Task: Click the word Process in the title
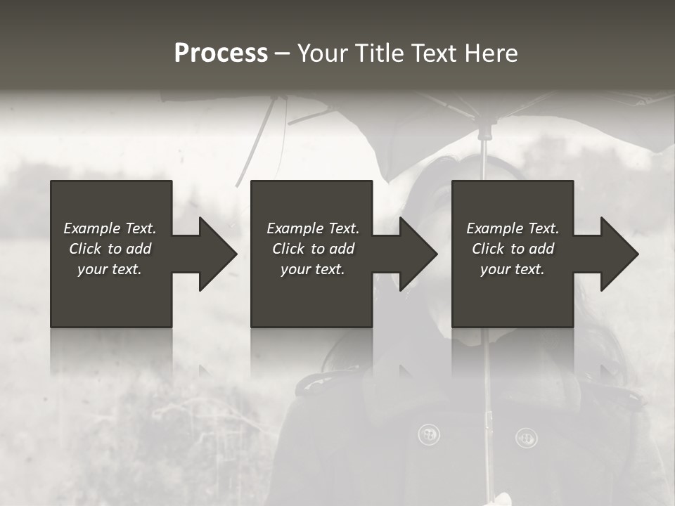coord(221,53)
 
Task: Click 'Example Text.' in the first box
coord(110,228)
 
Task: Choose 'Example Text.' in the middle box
coord(313,228)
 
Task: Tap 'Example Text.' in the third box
coord(513,228)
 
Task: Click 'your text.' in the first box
coord(110,269)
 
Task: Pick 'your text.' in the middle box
coord(313,269)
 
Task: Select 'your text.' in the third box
coord(513,269)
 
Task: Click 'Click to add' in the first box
coord(110,249)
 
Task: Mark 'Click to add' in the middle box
coord(313,249)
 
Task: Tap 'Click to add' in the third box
coord(513,249)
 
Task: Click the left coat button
coord(428,434)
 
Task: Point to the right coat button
coord(526,438)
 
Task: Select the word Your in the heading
coord(320,53)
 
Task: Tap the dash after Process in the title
coord(283,54)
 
